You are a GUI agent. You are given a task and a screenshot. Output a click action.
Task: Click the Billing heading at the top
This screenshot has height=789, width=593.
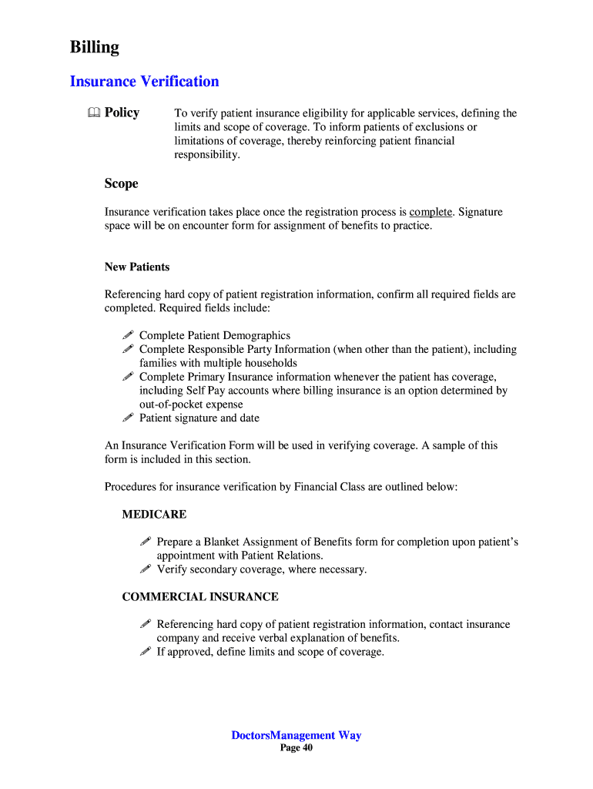[95, 48]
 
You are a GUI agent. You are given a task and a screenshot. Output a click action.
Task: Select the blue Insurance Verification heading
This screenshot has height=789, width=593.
[144, 82]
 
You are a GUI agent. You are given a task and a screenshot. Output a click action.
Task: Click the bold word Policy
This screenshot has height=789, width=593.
[122, 112]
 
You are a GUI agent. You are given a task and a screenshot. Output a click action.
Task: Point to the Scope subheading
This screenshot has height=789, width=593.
[121, 183]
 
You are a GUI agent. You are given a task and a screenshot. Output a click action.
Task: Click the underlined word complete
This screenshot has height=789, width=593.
[431, 212]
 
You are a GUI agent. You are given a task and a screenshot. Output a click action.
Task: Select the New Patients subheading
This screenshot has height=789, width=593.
[137, 267]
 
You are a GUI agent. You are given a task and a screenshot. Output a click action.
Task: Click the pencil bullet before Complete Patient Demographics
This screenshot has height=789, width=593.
[128, 335]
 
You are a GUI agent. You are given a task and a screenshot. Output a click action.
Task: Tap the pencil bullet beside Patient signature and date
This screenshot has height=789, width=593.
[128, 418]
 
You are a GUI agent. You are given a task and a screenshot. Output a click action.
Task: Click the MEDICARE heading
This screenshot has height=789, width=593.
[154, 514]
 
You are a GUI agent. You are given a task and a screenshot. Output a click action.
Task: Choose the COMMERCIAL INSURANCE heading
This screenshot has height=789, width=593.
[200, 597]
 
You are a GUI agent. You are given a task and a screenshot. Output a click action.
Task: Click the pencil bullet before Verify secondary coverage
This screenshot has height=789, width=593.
[146, 569]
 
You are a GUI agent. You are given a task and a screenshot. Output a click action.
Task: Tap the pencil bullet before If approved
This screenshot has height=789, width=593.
[146, 652]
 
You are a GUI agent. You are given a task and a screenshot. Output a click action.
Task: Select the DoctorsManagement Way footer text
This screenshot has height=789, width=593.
[296, 735]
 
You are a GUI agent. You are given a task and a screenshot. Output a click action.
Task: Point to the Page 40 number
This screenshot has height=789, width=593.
[296, 748]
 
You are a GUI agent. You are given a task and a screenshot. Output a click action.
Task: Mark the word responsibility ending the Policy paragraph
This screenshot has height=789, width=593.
[206, 155]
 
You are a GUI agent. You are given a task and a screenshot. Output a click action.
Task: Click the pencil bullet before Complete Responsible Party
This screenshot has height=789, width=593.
[128, 349]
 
